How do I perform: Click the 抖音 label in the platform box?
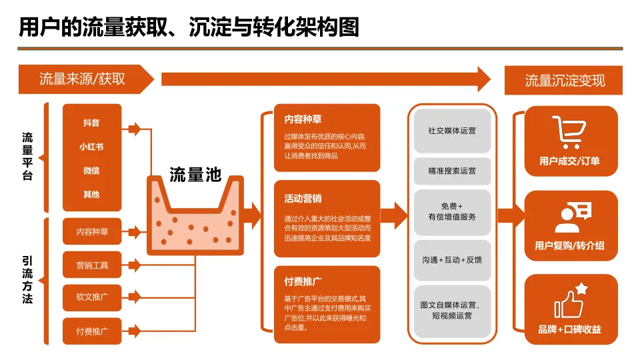[91, 123]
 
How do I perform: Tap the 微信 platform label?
[91, 171]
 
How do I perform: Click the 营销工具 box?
[92, 265]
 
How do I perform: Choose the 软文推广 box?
[92, 297]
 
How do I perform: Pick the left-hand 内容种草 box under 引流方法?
[92, 232]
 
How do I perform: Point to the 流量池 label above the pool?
[195, 175]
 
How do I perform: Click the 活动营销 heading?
[303, 199]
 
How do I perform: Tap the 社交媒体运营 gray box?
[452, 131]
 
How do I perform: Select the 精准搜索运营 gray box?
[452, 171]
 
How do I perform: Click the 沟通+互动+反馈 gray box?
[452, 259]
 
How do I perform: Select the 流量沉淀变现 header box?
[565, 81]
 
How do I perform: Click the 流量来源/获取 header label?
[82, 79]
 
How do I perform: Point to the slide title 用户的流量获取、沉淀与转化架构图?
[189, 27]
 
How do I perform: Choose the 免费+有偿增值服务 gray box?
[452, 211]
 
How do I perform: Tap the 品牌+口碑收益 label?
[569, 329]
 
